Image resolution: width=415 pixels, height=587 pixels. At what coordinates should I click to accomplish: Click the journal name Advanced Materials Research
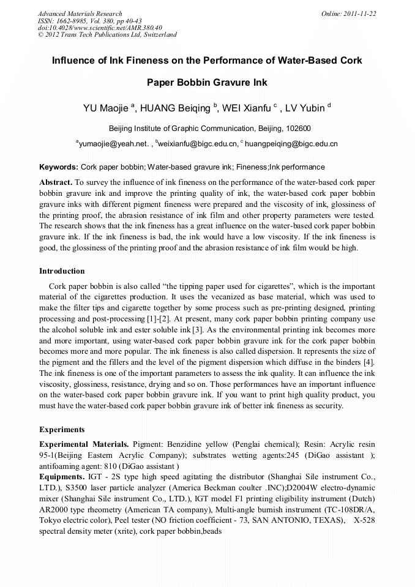(80, 13)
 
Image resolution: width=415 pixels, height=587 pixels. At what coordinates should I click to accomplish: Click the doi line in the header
(100, 28)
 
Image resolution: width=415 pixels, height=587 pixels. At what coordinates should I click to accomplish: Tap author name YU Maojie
(105, 109)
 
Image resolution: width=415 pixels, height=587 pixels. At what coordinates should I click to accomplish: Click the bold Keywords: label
(59, 166)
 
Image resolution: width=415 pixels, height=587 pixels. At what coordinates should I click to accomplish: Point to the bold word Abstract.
(56, 182)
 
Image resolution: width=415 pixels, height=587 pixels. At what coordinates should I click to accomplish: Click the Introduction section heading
(62, 271)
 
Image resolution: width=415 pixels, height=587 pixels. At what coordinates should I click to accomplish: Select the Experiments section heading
(62, 429)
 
